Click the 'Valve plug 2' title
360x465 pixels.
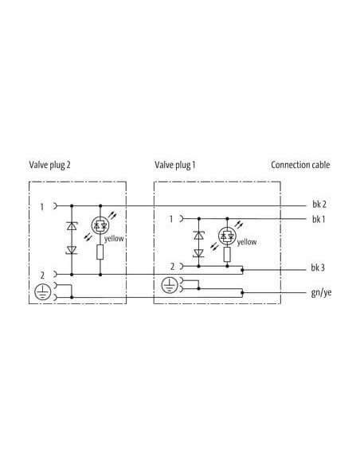pos(50,165)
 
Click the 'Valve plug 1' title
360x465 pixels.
pos(175,165)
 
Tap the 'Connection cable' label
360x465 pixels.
pos(300,165)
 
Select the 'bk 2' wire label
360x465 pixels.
pos(319,205)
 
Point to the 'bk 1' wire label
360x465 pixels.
pos(319,220)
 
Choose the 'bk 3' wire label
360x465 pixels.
pos(318,268)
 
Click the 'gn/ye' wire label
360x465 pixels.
pos(321,293)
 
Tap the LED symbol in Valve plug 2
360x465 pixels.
pos(100,225)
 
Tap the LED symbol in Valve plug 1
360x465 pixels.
pos(227,236)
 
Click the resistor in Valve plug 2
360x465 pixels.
pos(100,252)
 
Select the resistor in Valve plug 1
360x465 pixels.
pos(227,254)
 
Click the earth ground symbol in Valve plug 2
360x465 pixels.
pos(43,291)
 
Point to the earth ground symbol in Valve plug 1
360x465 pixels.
pos(170,285)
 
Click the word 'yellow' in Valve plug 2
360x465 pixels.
pos(114,239)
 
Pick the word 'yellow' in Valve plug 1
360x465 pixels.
pos(247,243)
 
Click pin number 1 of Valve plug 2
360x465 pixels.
pos(42,207)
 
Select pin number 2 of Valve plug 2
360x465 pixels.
pos(42,275)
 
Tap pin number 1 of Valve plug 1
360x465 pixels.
pos(171,219)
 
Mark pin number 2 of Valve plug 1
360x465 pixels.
pos(172,267)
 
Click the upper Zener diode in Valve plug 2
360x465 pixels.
pos(72,226)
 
